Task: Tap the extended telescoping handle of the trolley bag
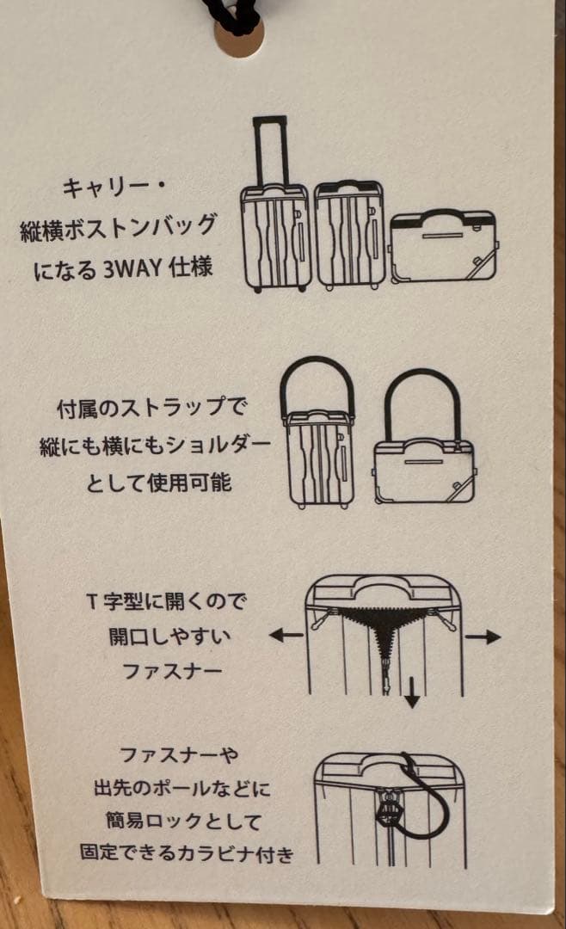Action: click(269, 151)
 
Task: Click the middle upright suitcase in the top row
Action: click(349, 235)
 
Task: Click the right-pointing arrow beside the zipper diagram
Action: click(483, 637)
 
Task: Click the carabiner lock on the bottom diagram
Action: click(390, 815)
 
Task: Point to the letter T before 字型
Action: click(91, 601)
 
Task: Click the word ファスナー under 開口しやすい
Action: click(173, 671)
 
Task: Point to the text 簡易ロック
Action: click(154, 821)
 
